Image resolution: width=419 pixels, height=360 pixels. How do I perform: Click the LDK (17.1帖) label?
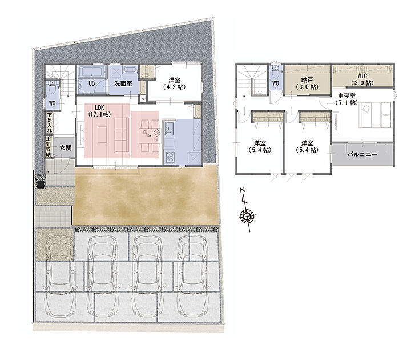(99, 111)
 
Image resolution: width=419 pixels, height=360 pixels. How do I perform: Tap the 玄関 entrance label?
(66, 147)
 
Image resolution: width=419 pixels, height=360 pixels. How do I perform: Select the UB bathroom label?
(92, 83)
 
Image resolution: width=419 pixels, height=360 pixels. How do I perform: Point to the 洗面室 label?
(123, 83)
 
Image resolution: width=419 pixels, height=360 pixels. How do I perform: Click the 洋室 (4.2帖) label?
(174, 83)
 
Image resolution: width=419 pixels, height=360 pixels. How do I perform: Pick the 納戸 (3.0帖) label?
(307, 83)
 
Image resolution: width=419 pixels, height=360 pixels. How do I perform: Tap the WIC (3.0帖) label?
(362, 79)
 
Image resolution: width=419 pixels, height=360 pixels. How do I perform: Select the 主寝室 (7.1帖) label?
(347, 99)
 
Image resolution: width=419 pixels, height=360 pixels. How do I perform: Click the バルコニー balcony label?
(362, 154)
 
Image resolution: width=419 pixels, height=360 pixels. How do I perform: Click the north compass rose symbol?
(247, 215)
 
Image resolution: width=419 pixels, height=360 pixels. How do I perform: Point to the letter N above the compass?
(243, 190)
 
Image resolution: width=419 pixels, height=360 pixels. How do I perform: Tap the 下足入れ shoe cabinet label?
(50, 122)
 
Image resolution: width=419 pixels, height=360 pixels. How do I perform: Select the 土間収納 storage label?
(49, 147)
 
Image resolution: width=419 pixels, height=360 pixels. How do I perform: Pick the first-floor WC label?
(52, 103)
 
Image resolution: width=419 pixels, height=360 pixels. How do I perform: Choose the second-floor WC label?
(275, 83)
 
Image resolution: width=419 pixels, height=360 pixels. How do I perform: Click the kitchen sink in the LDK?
(169, 128)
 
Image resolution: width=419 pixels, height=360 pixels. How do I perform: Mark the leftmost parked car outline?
(59, 276)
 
